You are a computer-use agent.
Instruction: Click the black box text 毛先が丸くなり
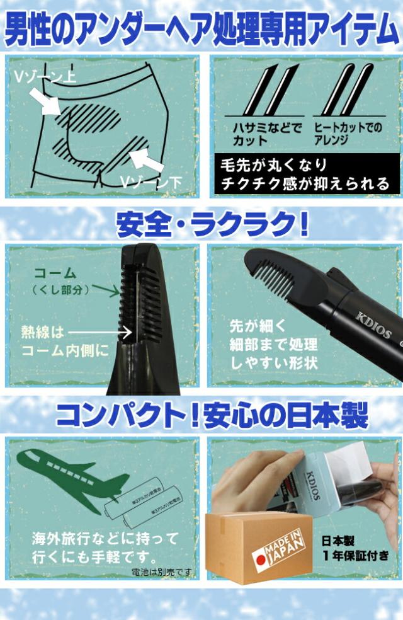pyautogui.click(x=273, y=166)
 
